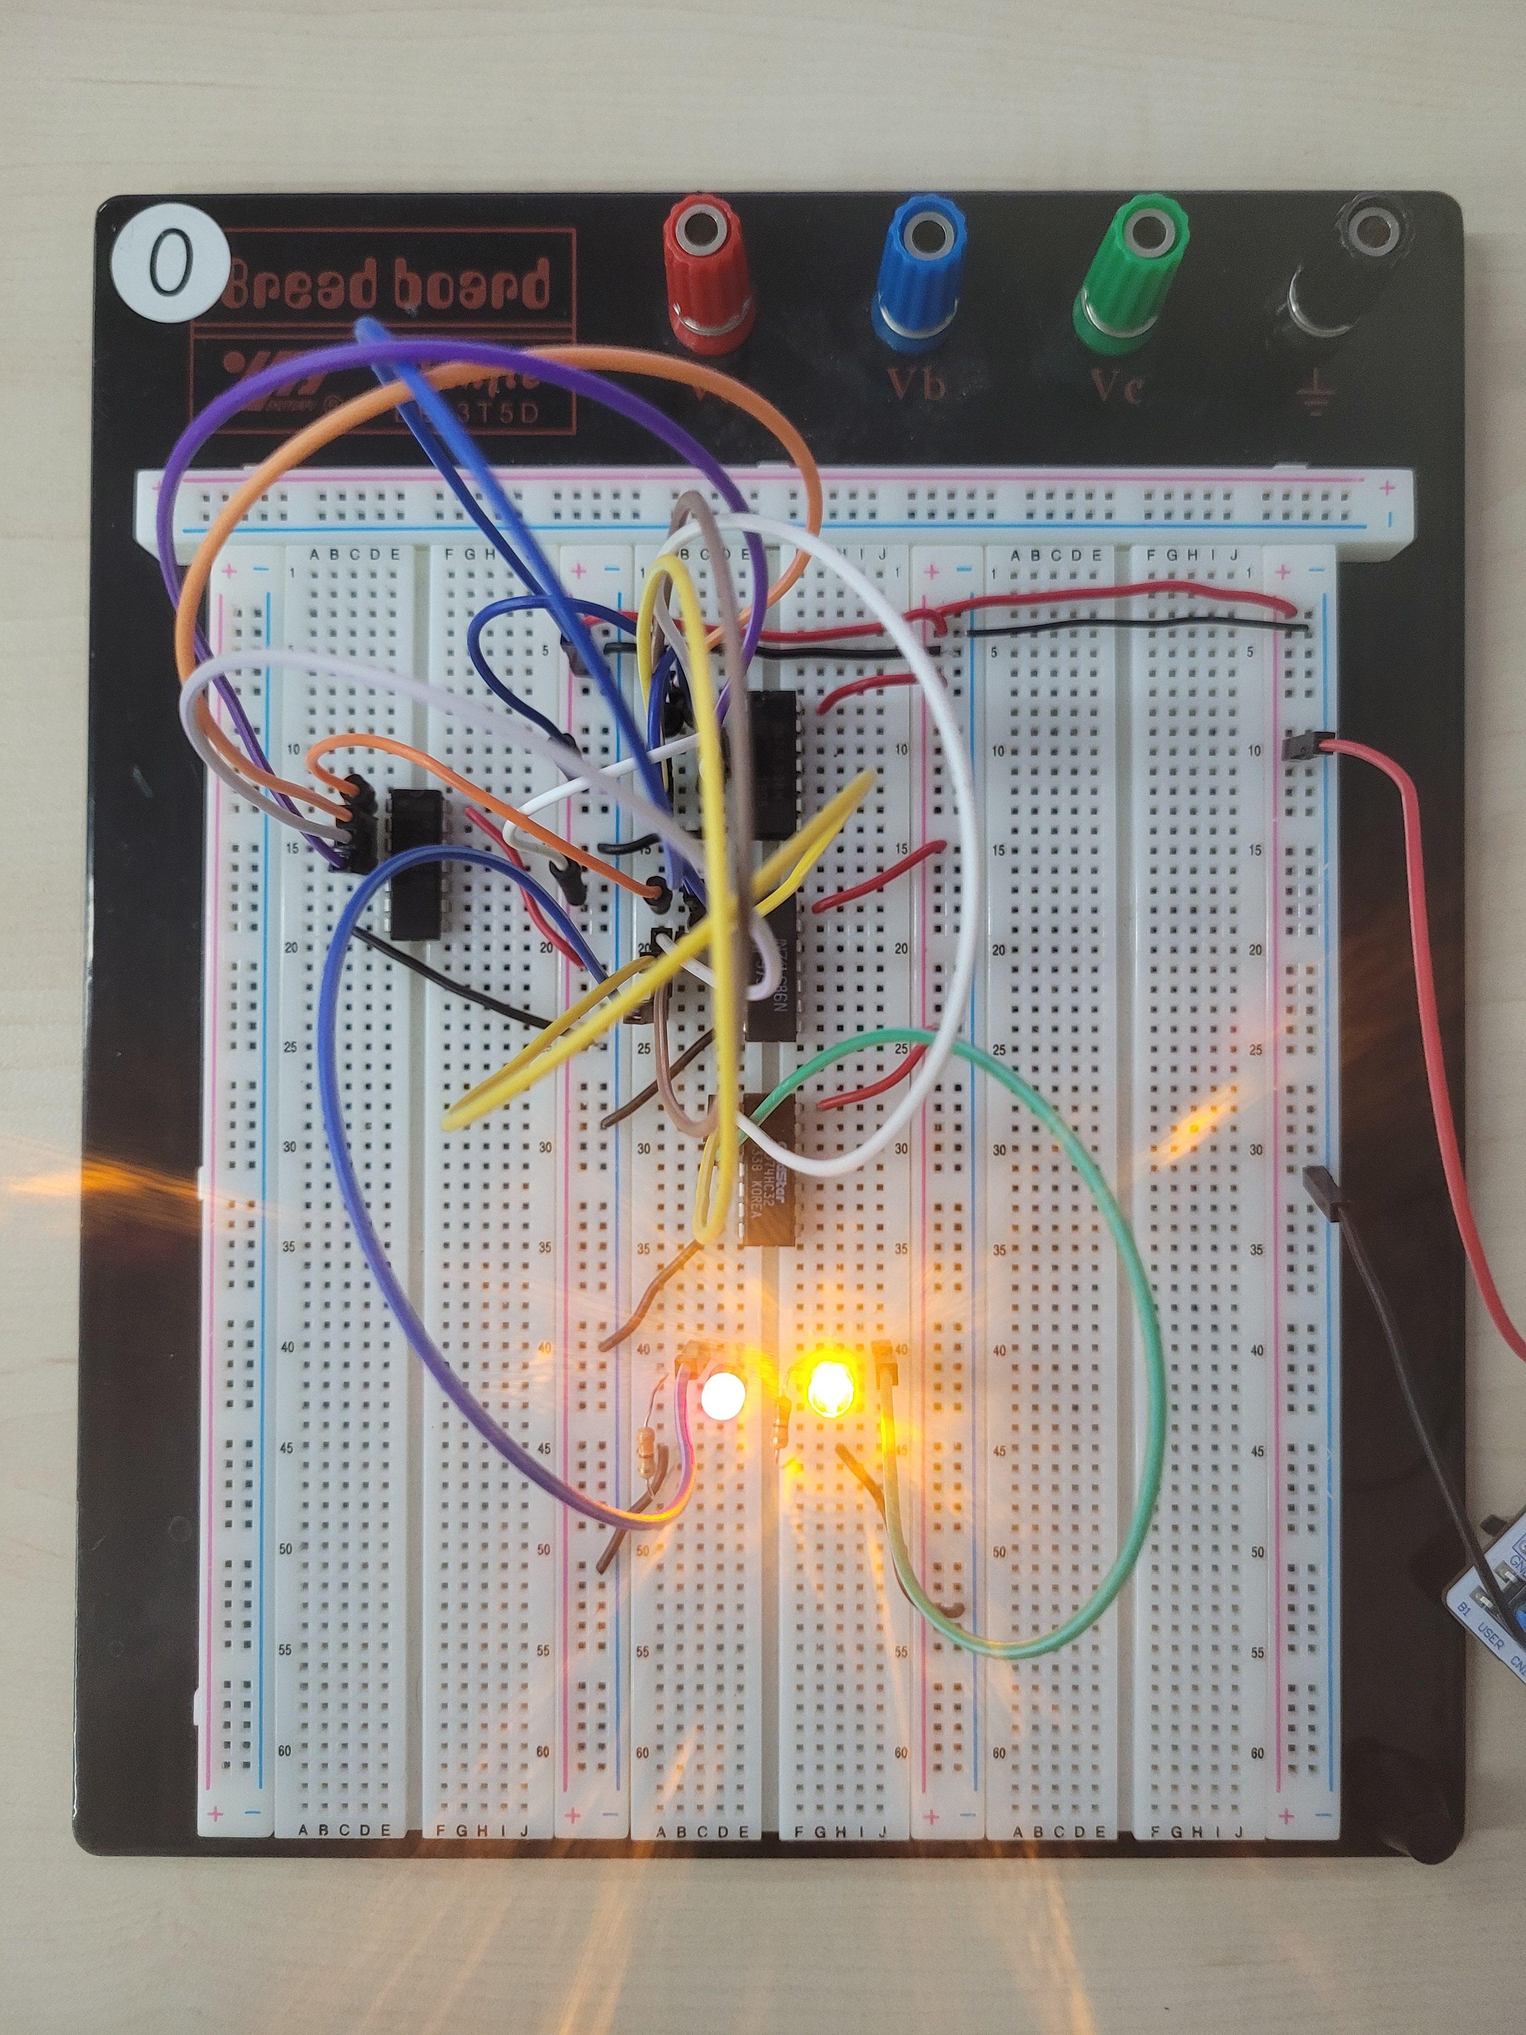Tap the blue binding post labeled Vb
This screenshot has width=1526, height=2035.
[920, 276]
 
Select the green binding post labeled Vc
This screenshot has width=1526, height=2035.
[1131, 276]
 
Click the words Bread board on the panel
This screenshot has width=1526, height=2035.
[387, 285]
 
